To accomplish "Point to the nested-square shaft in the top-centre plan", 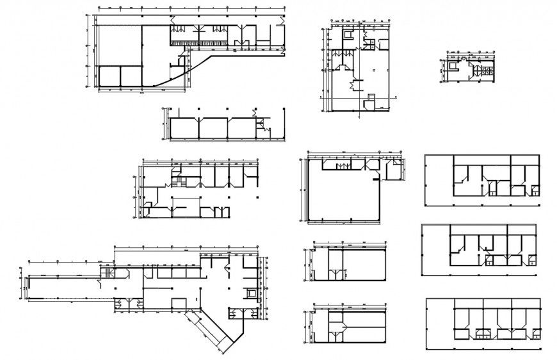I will (348, 36).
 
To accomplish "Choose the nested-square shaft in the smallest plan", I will (453, 65).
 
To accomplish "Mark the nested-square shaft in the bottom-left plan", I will (250, 292).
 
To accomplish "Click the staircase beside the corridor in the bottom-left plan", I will (106, 274).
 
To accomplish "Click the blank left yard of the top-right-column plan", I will (439, 180).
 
